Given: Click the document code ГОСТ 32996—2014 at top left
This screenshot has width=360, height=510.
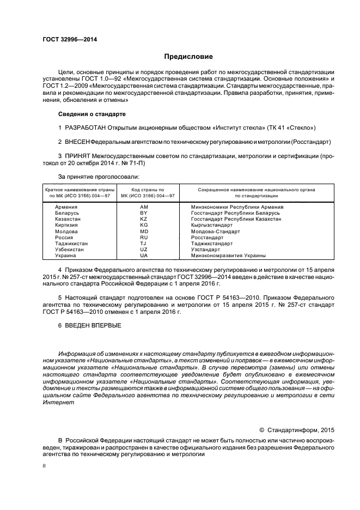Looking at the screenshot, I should click(66, 39).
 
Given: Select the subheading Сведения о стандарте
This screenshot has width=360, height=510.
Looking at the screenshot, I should click(91, 114).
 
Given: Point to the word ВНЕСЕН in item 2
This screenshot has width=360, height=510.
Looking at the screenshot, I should click(77, 142).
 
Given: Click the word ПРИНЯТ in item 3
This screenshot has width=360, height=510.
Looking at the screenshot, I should click(78, 156).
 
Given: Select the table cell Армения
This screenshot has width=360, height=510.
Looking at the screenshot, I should click(66, 207).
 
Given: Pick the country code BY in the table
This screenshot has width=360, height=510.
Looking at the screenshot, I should click(144, 213).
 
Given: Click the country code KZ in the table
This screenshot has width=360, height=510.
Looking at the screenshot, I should click(144, 219).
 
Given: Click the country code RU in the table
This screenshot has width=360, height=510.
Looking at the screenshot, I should click(144, 238).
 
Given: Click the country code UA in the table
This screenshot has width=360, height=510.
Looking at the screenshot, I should click(144, 256).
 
